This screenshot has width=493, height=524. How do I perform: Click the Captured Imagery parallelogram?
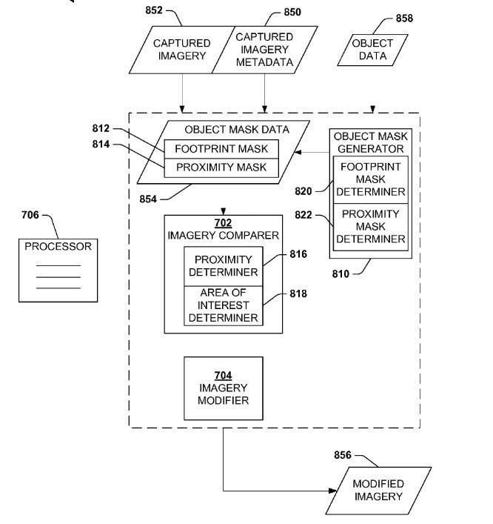(x=182, y=50)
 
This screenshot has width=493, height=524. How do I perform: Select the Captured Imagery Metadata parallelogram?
(x=265, y=50)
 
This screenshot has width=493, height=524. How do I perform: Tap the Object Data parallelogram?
(x=372, y=50)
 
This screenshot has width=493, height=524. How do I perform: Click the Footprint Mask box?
(x=221, y=149)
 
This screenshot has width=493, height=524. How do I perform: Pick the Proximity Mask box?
(x=221, y=168)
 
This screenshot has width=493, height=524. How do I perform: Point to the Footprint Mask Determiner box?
(x=371, y=179)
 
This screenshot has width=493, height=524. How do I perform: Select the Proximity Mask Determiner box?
(x=371, y=227)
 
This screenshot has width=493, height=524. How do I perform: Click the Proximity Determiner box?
(x=224, y=266)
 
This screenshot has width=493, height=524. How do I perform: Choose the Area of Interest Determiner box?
(x=224, y=305)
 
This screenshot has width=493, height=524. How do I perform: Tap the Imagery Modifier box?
(x=224, y=388)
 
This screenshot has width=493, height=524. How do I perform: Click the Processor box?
(x=58, y=271)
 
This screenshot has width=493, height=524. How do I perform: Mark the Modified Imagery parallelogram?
(x=378, y=490)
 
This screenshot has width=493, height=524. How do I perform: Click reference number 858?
(x=404, y=18)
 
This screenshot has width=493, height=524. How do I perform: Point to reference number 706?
(x=30, y=215)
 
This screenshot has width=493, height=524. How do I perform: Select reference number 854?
(x=148, y=199)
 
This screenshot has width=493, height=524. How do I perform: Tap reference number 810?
(x=341, y=274)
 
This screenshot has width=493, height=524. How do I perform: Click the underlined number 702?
(x=223, y=223)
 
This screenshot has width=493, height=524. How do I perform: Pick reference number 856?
(x=343, y=455)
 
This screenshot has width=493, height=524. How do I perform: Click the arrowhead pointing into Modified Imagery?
(x=333, y=491)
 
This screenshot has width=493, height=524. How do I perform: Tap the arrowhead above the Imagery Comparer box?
(x=224, y=211)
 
